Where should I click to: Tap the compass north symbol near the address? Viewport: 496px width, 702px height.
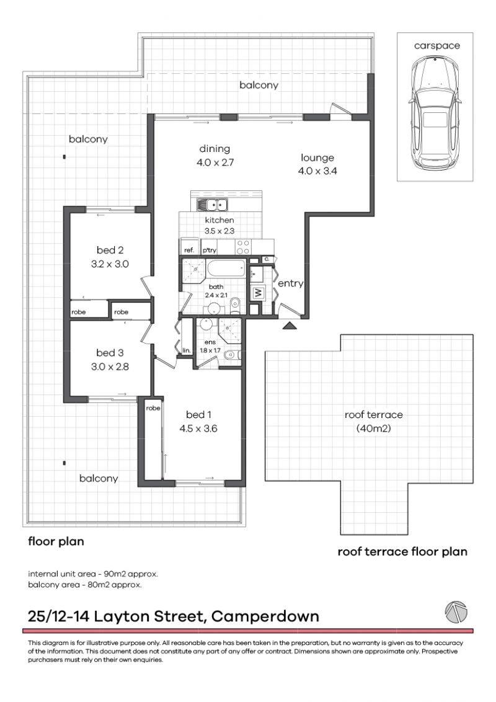coord(456,612)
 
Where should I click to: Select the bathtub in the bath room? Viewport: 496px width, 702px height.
coord(226,270)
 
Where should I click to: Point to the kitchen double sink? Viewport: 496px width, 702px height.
coord(213,205)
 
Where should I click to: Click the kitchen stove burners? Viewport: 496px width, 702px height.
coord(243,246)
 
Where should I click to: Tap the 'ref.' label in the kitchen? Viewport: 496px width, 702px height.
coord(189,250)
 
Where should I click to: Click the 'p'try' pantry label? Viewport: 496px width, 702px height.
coord(208,250)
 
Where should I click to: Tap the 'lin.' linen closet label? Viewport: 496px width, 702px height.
coord(186,351)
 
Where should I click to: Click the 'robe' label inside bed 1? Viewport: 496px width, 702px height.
coord(153,408)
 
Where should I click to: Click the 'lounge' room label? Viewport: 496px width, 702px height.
coord(317,158)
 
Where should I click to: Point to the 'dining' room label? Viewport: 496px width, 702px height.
coord(215,148)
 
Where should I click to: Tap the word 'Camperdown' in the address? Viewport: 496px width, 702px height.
coord(265,616)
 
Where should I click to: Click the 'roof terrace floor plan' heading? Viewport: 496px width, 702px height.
coord(402,551)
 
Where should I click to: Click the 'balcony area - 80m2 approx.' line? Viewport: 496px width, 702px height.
coord(85,584)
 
